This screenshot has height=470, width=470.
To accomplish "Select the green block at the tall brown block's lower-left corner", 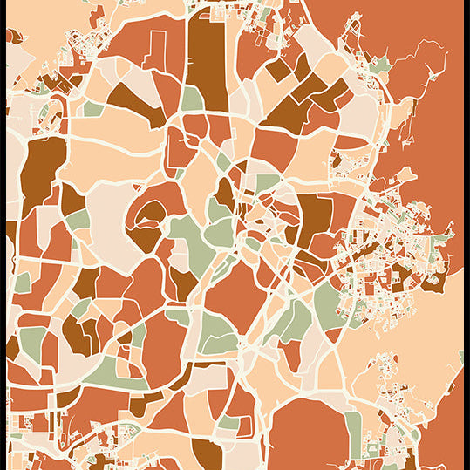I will [193, 99].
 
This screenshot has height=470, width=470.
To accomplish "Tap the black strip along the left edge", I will [3, 235].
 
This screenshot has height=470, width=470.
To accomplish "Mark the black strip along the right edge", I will [467, 235].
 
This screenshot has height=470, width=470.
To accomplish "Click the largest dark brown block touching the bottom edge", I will [207, 454].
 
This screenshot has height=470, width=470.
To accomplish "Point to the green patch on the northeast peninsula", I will [379, 65].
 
